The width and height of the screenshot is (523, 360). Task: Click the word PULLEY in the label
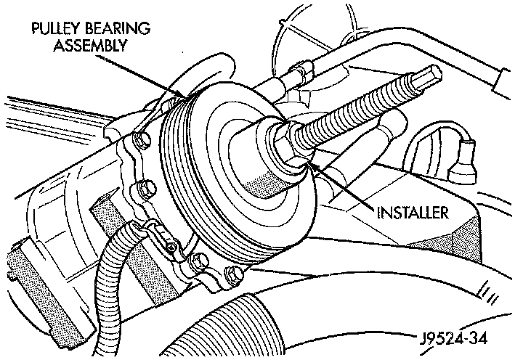pos(53,30)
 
